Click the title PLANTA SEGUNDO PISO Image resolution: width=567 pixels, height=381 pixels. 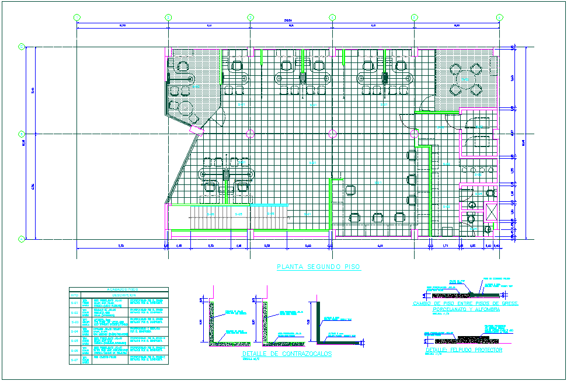click(x=318, y=267)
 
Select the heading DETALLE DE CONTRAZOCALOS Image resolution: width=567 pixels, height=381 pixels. click(x=286, y=354)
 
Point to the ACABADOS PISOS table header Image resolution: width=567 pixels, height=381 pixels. click(x=119, y=289)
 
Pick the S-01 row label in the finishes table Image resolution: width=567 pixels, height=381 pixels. click(x=74, y=303)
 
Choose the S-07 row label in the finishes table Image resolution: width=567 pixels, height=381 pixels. click(x=74, y=361)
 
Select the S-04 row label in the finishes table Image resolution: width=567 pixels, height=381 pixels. click(x=74, y=332)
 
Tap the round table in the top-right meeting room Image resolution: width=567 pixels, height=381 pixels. click(x=466, y=79)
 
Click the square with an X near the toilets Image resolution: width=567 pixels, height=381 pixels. click(x=492, y=212)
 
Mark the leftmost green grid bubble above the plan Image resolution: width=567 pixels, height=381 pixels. click(x=78, y=18)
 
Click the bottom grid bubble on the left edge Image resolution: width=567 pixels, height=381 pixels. click(x=21, y=239)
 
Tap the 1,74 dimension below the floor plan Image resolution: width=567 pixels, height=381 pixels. click(x=445, y=246)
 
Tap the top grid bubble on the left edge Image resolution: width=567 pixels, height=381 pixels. click(x=21, y=46)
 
